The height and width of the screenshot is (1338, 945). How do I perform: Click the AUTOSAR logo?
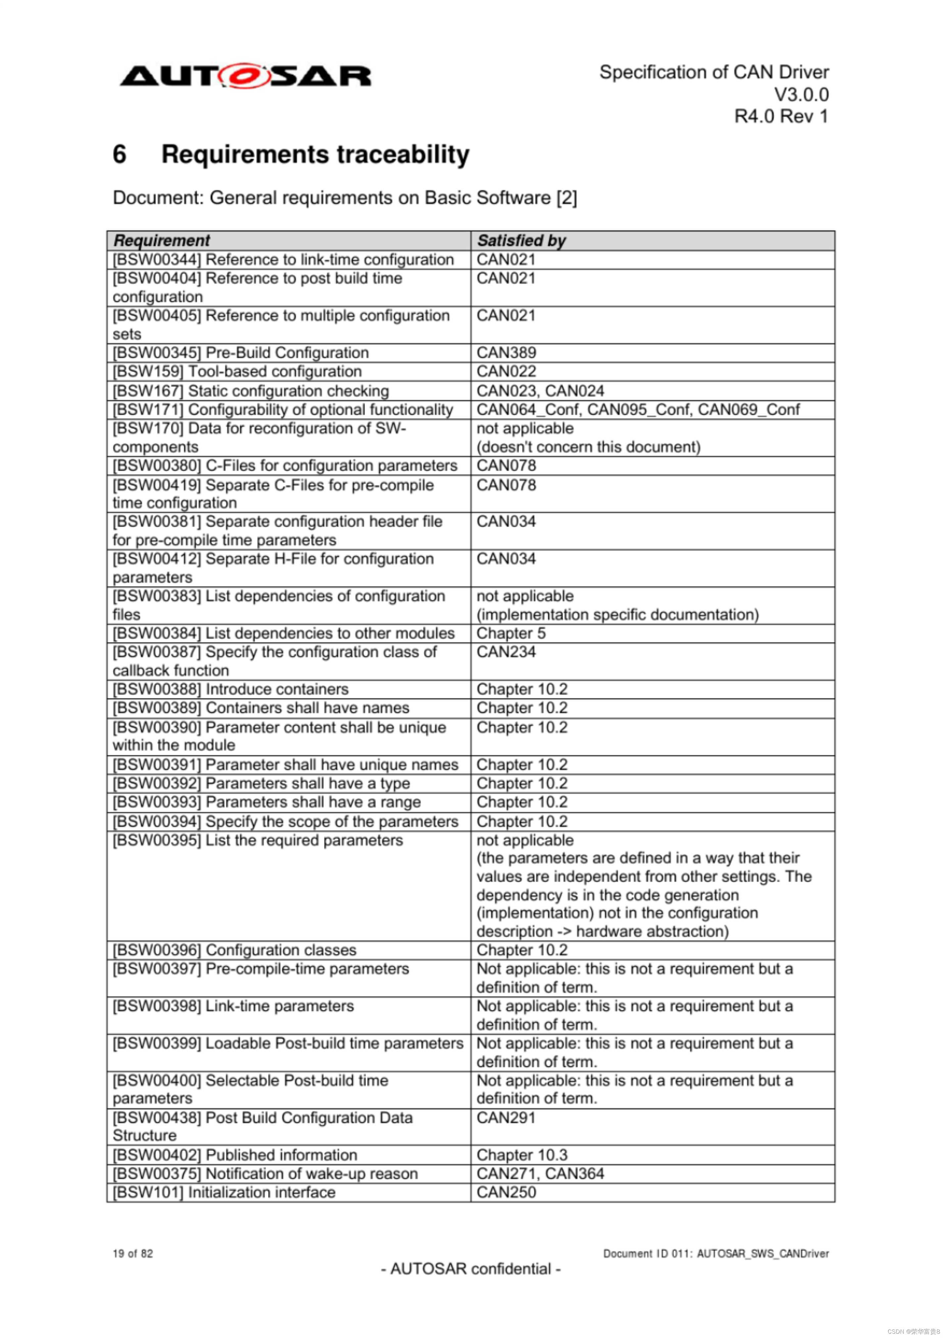[245, 76]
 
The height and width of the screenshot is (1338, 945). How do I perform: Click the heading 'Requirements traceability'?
[315, 154]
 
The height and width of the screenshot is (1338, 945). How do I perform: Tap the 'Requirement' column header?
[162, 240]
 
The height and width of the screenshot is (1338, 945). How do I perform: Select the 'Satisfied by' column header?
[521, 240]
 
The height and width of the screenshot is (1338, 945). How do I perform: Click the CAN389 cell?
[506, 353]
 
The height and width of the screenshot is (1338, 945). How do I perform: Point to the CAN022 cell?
[506, 371]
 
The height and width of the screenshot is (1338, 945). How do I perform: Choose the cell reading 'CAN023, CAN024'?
[540, 390]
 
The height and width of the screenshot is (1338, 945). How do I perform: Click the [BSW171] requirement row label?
[283, 410]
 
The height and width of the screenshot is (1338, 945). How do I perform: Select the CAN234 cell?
[506, 652]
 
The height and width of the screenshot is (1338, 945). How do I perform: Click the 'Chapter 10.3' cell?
[521, 1155]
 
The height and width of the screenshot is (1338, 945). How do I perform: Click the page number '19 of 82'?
[133, 1254]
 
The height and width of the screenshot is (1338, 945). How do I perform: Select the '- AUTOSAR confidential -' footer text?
[471, 1269]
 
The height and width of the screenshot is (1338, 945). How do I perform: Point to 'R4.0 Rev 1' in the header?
[781, 117]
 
